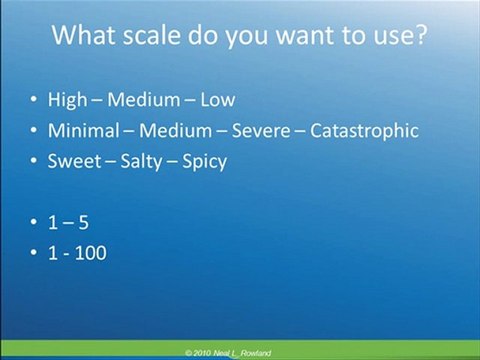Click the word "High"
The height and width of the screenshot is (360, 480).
point(67,100)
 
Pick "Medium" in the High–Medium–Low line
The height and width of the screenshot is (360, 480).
point(144,100)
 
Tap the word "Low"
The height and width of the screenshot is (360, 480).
point(218,100)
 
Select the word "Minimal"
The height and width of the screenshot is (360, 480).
point(83,130)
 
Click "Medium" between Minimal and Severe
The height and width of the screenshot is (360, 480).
point(175,130)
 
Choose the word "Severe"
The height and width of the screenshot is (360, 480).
point(261,130)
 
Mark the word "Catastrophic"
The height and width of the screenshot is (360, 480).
point(364,130)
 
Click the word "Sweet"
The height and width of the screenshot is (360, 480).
point(74,161)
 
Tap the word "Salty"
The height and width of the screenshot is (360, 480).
point(141,162)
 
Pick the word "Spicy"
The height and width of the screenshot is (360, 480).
point(205,162)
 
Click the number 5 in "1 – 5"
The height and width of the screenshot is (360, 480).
point(84,223)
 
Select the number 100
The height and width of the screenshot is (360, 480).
point(91,253)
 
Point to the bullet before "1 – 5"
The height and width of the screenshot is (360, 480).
point(34,222)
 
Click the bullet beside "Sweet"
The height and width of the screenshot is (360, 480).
point(34,161)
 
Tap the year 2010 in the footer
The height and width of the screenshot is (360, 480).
point(201,353)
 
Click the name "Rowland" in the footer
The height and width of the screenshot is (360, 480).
point(256,353)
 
